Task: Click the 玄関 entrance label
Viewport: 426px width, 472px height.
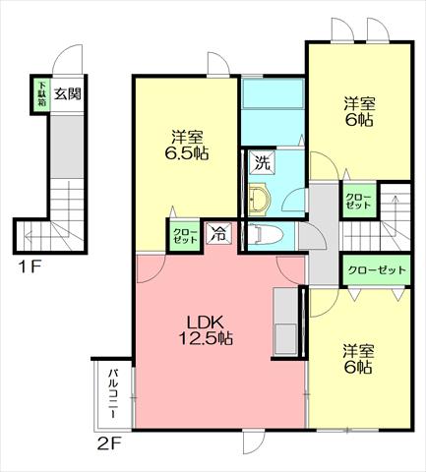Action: [68, 94]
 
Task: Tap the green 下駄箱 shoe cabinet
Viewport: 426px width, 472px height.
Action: [41, 94]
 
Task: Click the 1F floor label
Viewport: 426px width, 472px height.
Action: [30, 267]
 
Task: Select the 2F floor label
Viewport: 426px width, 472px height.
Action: [110, 444]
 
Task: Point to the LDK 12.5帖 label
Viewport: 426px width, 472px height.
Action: [206, 329]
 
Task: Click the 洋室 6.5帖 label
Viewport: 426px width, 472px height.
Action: [187, 145]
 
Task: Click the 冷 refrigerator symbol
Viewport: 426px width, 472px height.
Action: [218, 233]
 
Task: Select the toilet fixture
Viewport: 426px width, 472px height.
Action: [265, 234]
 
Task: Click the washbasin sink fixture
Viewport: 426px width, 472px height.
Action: [259, 200]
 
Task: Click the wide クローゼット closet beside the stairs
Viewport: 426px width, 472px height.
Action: [377, 270]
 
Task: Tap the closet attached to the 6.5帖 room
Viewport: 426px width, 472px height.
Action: [185, 236]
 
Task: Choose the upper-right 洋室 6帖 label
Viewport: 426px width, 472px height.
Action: [359, 112]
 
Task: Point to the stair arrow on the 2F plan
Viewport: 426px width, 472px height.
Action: [396, 213]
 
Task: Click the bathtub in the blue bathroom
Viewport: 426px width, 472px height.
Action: [274, 94]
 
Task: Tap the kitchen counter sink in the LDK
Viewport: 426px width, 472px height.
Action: [285, 339]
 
